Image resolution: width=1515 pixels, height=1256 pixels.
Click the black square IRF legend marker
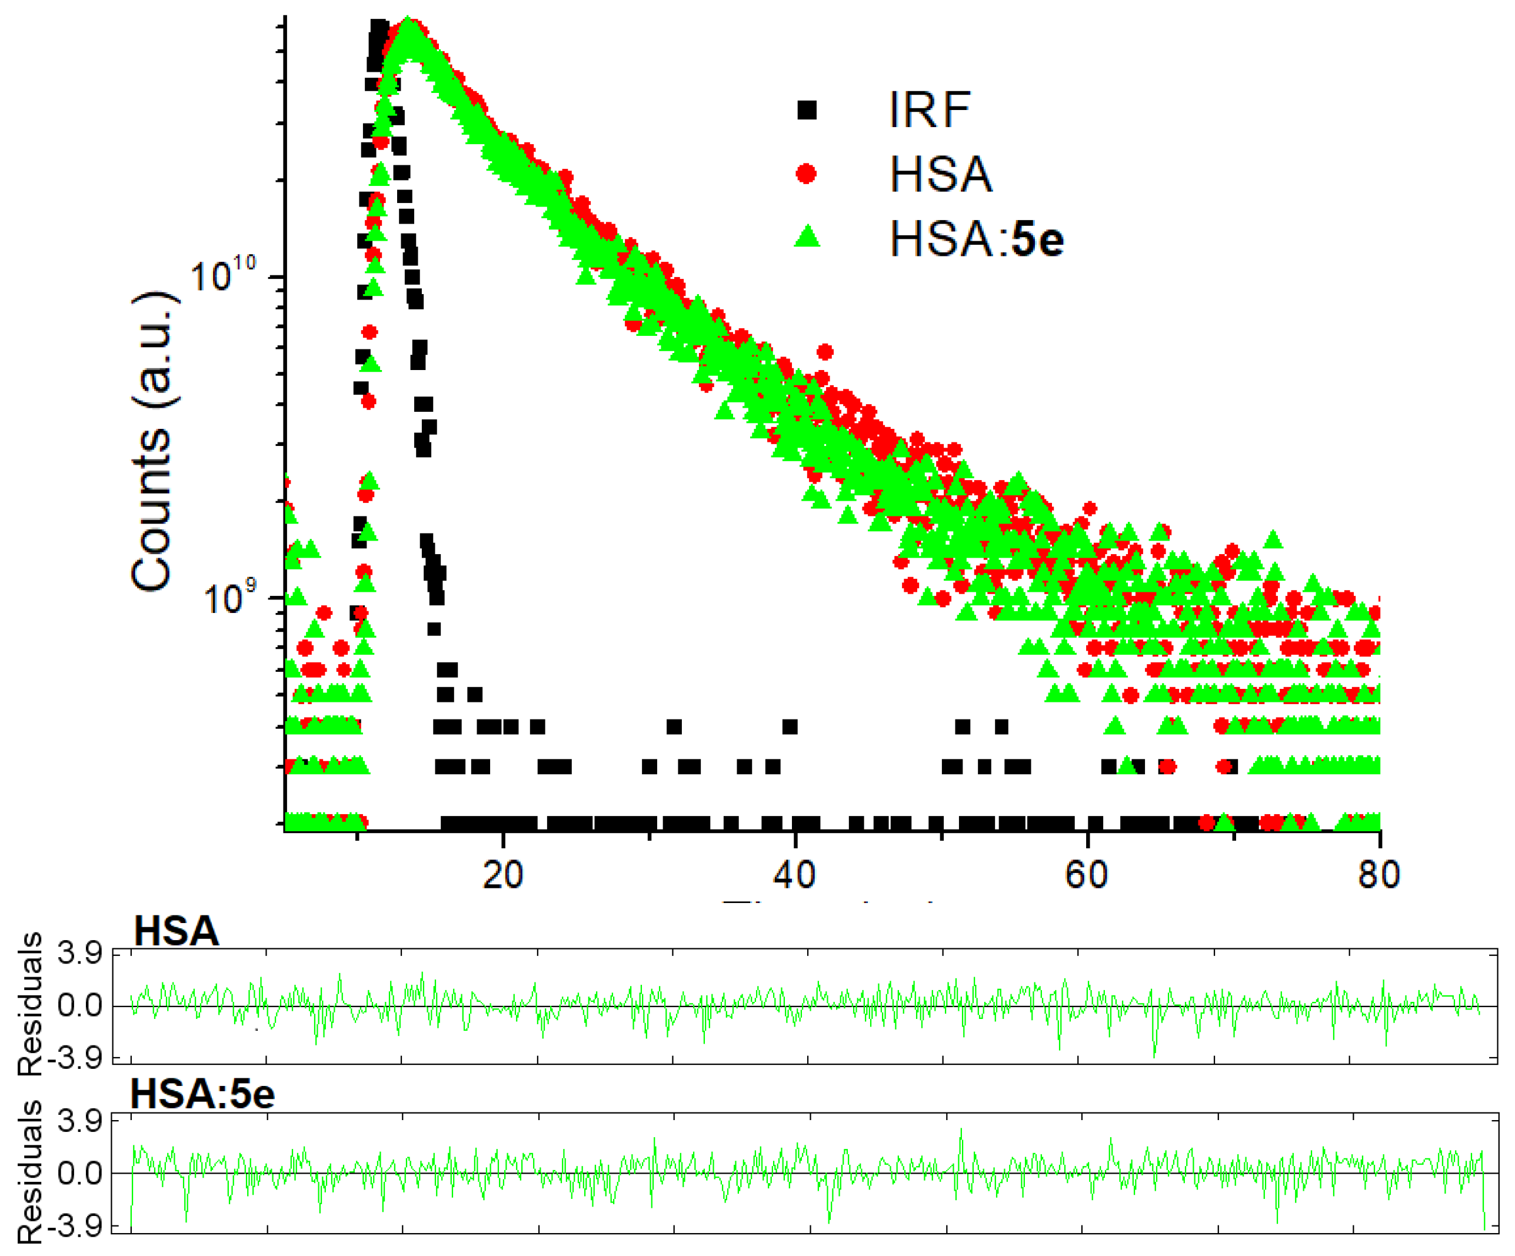(x=807, y=111)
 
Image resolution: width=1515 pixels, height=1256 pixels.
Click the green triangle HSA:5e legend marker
(x=807, y=236)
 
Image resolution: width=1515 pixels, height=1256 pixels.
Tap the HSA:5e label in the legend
(x=976, y=239)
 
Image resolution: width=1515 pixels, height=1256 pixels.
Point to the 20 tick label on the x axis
(x=503, y=875)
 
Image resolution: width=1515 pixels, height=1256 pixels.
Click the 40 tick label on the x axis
(x=794, y=875)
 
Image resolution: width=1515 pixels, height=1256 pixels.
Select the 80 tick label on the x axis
(x=1379, y=875)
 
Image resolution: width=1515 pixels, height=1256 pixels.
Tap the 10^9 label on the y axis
(x=229, y=597)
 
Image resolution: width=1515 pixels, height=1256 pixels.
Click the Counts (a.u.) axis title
(x=152, y=441)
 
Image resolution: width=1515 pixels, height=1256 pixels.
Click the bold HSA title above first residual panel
(x=176, y=931)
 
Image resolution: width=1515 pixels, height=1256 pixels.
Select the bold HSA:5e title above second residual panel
(x=203, y=1094)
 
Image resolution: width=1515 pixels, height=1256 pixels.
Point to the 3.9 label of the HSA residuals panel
(x=79, y=954)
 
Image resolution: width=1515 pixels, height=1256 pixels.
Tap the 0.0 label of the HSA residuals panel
(x=79, y=1005)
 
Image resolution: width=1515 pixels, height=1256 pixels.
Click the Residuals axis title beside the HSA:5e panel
(x=31, y=1172)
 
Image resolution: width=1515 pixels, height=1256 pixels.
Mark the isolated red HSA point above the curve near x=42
(x=825, y=352)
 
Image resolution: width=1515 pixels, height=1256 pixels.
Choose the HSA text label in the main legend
(x=941, y=174)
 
